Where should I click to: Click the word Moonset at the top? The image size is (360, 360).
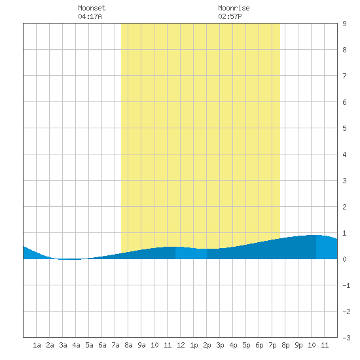92,8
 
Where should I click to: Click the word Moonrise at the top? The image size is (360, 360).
234,8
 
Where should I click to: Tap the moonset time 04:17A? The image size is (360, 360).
90,16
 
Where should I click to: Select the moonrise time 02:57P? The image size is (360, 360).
230,16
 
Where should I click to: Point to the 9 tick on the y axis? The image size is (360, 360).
344,24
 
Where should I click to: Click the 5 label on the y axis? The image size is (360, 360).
344,128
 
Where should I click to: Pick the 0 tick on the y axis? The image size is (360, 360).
344,259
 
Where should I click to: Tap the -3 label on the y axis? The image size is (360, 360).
346,338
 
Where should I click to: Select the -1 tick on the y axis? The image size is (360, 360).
346,285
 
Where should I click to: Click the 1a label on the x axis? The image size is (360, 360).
37,345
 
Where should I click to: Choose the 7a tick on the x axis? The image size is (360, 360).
115,345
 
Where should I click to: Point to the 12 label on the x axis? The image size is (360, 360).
181,345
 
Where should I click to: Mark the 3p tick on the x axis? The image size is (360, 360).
220,345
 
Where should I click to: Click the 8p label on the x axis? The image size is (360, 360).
285,345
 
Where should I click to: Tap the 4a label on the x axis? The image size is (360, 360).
76,345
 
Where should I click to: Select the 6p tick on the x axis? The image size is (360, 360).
259,345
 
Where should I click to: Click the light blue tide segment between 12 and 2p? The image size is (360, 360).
191,253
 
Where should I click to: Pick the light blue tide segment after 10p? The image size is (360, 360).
327,247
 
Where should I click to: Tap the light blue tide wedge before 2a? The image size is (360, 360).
35,255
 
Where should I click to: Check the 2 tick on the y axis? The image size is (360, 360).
344,207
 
